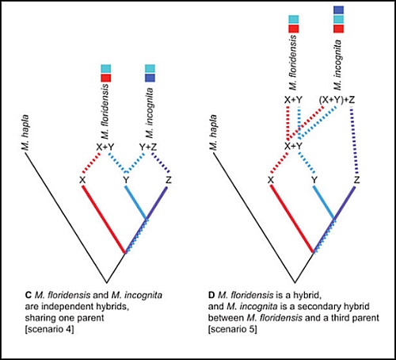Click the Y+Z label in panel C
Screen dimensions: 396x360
coord(148,147)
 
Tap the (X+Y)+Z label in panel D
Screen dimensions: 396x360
coord(337,100)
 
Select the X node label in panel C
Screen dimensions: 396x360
coord(82,180)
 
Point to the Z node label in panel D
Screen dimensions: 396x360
coord(357,180)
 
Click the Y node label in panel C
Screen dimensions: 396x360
coord(126,180)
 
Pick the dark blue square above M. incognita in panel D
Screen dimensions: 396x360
coord(339,10)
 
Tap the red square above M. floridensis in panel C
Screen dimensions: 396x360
coord(106,78)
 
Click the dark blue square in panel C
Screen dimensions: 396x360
coord(150,78)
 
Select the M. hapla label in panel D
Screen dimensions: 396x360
coord(213,132)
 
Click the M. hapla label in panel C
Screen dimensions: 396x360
coord(25,133)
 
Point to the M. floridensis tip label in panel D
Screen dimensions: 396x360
coord(293,63)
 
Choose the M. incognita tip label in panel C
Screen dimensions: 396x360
coord(150,113)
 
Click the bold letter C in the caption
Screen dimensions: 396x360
coord(29,295)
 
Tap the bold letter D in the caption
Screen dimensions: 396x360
coord(211,295)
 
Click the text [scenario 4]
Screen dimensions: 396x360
coord(49,330)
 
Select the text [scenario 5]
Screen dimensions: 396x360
coord(233,330)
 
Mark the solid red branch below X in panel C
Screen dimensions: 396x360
coord(104,219)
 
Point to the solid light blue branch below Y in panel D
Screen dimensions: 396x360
coord(324,202)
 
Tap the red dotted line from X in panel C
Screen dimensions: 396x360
coord(92,163)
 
